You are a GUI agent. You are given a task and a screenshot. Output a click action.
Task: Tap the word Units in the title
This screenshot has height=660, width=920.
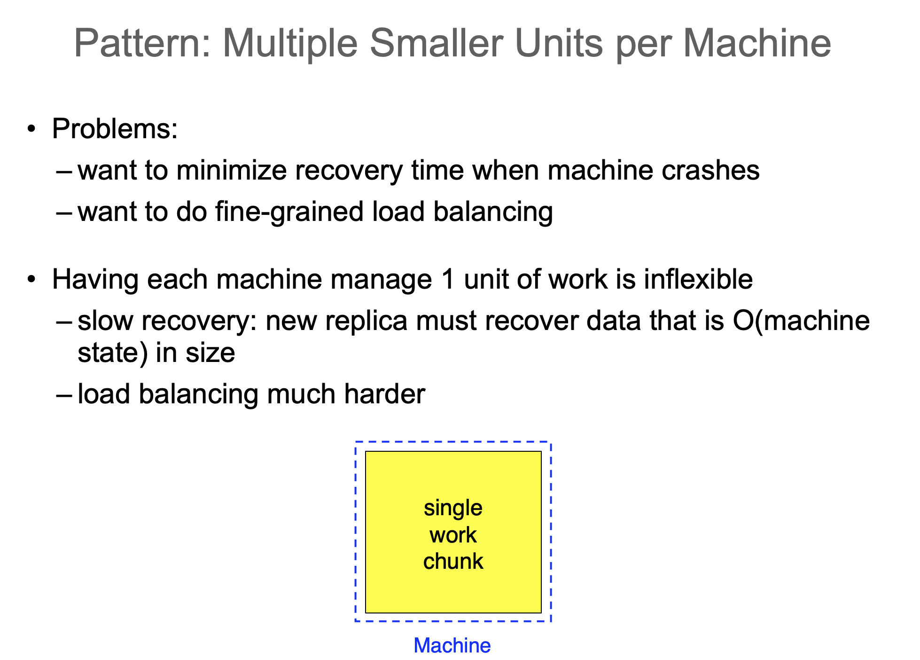tap(559, 43)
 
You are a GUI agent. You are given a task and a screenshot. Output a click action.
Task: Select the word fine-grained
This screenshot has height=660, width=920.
tap(289, 212)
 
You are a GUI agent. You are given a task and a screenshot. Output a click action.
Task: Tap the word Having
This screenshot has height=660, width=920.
tap(96, 280)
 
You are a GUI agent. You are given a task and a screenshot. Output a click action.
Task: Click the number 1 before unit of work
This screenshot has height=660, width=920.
tap(449, 279)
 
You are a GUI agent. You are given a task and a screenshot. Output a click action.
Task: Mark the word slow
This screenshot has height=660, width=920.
tap(106, 321)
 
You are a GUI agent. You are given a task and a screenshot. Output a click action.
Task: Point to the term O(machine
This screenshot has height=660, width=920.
tap(801, 321)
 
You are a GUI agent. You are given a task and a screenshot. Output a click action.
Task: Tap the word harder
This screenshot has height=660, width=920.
tap(385, 394)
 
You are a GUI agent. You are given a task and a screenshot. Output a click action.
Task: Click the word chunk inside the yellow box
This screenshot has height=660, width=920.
tap(453, 561)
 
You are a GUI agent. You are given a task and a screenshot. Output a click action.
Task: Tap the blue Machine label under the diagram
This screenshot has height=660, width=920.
tap(452, 645)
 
